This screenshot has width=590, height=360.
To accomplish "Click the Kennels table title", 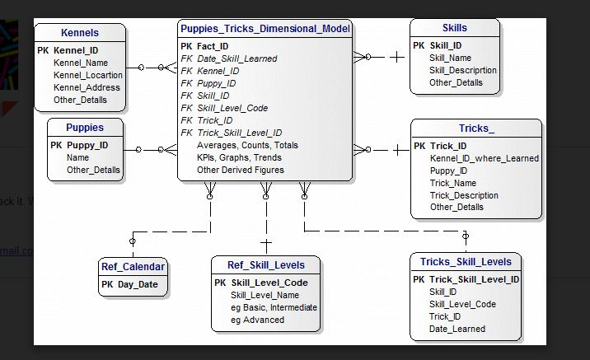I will point(80,33).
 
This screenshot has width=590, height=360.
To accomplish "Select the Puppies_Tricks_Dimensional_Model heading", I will point(265,29).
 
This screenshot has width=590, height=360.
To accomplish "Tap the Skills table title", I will point(454,28).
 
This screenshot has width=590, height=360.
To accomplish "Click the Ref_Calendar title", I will point(133,266).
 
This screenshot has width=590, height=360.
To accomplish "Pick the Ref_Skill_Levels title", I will point(265,265).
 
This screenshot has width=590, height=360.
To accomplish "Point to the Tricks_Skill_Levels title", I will point(466,262).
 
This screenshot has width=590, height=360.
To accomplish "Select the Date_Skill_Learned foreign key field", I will point(236,58).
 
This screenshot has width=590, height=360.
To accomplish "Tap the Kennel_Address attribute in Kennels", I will point(87,87).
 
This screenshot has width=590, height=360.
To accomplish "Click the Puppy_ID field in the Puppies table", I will point(87,145).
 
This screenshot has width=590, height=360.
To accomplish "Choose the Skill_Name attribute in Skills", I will point(450,58).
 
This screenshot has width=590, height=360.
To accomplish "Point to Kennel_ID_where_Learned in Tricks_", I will point(484,158).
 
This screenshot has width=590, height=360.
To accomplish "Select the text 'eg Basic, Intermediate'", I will point(274,307).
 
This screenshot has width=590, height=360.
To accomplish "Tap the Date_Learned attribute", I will point(457,329).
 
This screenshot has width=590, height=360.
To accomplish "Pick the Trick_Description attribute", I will point(463,195).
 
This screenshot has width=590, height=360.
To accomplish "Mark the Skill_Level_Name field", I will point(265,295).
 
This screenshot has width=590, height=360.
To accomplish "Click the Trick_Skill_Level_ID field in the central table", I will point(239,133).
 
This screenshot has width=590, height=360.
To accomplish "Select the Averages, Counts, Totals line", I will point(236,145).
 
